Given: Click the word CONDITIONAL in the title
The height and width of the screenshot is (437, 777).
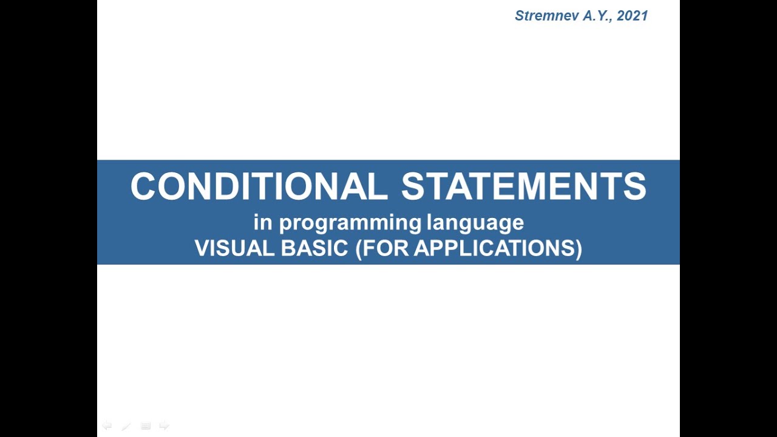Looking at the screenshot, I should coord(259,186).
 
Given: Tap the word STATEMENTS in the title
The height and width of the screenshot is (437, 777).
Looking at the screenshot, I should coord(524,186).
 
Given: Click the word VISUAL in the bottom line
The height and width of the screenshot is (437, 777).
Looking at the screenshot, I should coord(234,248).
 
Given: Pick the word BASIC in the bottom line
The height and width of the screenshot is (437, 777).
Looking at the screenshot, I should coord(314,248).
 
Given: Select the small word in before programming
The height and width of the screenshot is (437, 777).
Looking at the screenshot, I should coord(262,223).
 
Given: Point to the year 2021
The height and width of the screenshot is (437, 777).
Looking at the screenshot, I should coord(633,16).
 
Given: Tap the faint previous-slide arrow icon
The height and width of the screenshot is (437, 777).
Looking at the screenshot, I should coord(107,425).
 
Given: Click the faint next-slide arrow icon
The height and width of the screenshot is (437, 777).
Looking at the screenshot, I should coord(164,425).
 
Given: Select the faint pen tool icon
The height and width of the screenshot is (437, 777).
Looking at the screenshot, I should coord(126,426).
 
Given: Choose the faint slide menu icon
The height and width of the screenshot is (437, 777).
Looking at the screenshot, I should coord(146,426).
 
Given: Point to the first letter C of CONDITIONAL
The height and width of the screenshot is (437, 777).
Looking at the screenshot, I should coord(143,186).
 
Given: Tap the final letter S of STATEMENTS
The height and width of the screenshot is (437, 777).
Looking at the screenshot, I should coord(636,186).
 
